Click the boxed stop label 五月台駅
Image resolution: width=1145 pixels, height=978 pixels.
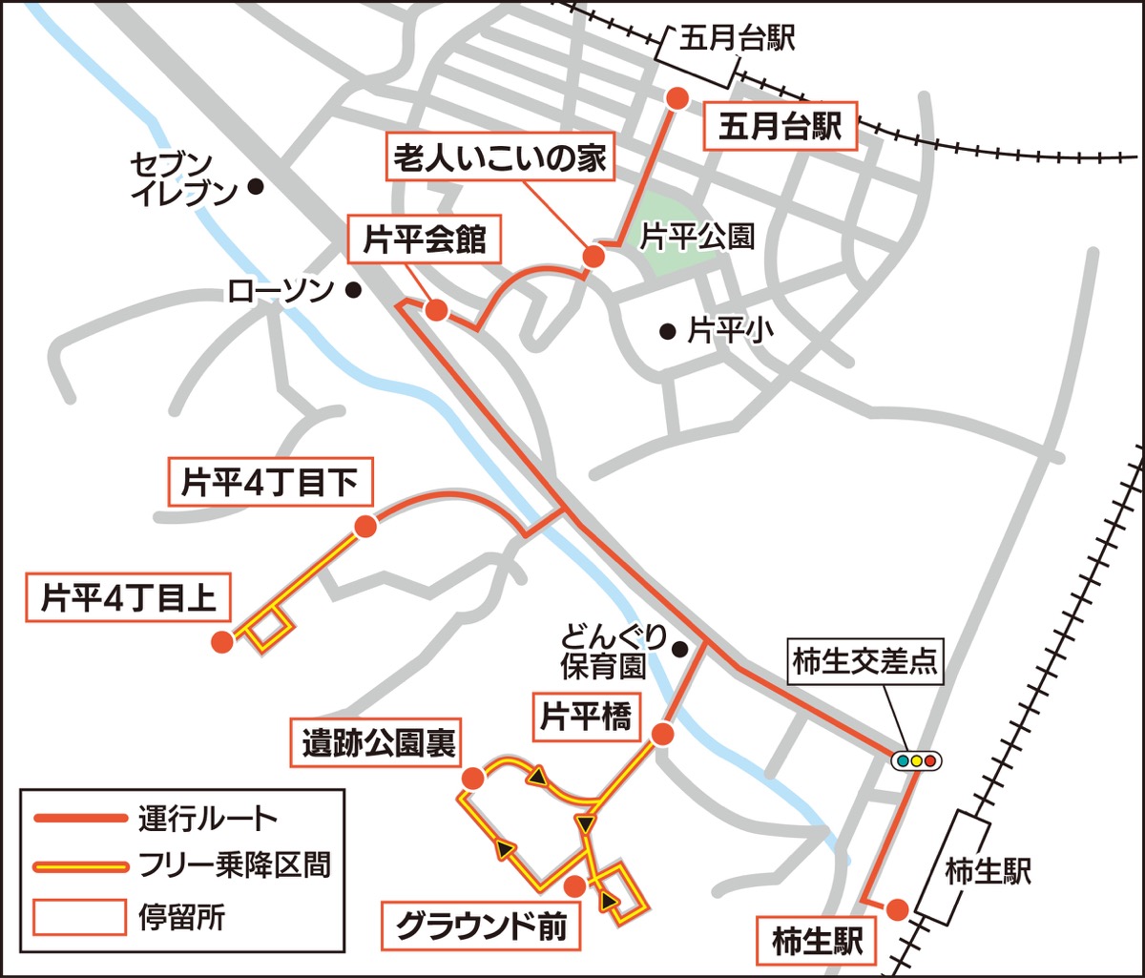tap(781, 127)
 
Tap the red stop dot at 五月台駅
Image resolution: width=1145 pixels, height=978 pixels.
tap(677, 98)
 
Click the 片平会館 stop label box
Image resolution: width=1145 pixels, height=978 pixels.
tap(425, 241)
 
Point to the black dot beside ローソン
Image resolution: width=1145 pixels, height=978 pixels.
tap(353, 290)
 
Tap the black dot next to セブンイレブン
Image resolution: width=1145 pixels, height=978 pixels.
tap(255, 187)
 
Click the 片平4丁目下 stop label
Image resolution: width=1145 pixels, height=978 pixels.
tap(270, 484)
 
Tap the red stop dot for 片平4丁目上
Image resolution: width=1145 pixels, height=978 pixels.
tap(221, 642)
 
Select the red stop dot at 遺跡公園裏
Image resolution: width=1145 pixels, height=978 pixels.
tap(471, 779)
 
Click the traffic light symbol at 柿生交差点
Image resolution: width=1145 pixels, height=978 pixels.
tap(917, 760)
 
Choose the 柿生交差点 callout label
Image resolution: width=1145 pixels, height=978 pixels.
tap(864, 661)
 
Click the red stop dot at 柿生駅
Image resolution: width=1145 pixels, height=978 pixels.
tap(896, 909)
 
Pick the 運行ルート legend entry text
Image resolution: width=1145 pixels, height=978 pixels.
tap(207, 819)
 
